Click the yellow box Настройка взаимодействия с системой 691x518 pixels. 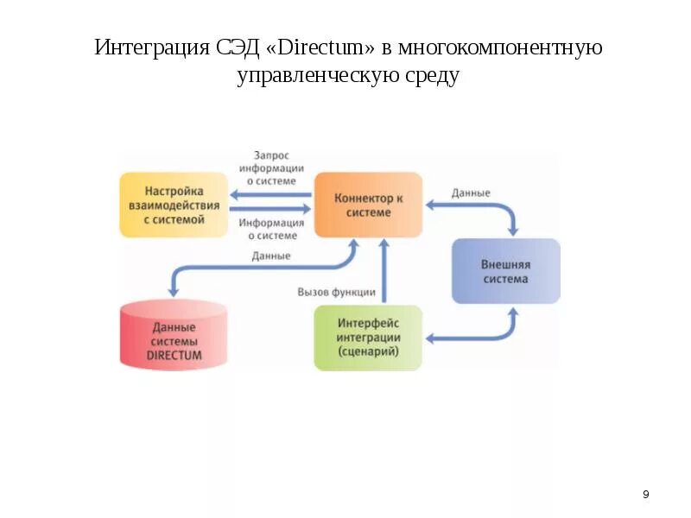point(174,205)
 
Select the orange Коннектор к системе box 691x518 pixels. point(368,205)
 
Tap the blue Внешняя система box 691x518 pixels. point(505,271)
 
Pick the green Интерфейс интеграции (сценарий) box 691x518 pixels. point(368,338)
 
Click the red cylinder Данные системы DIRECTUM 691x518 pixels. point(174,337)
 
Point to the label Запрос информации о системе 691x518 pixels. point(272,168)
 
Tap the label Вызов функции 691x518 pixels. point(336,292)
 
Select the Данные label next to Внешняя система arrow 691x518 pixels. point(471,193)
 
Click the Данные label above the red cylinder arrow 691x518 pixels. point(271,256)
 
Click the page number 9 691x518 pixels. point(646,495)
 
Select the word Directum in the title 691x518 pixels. point(329,47)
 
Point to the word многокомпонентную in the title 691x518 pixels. point(502,47)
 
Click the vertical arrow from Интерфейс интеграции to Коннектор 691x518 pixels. point(384,272)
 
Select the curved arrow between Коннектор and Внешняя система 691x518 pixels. point(492,208)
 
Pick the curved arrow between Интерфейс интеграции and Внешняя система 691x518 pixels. point(492,335)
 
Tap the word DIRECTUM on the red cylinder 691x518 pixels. point(174,355)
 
